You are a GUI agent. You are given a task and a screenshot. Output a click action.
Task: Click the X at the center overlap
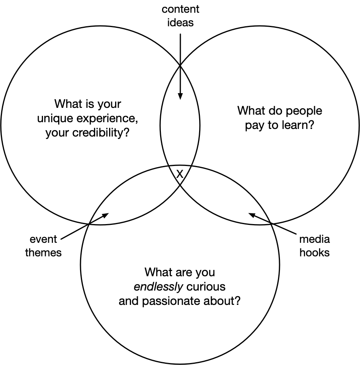(180, 174)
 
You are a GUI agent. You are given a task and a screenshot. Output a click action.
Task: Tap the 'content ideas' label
(180, 16)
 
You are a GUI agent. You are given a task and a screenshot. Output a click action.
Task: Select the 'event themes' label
(43, 246)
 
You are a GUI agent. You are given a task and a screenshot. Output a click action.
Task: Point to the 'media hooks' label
(315, 246)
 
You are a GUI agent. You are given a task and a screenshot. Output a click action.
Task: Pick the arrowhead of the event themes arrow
(106, 215)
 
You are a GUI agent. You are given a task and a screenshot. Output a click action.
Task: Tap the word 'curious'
(200, 287)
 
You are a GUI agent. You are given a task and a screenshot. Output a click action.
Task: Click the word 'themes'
(43, 253)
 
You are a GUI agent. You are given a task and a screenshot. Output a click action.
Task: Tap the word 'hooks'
(315, 253)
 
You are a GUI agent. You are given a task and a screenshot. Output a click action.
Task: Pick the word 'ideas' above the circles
(180, 22)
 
